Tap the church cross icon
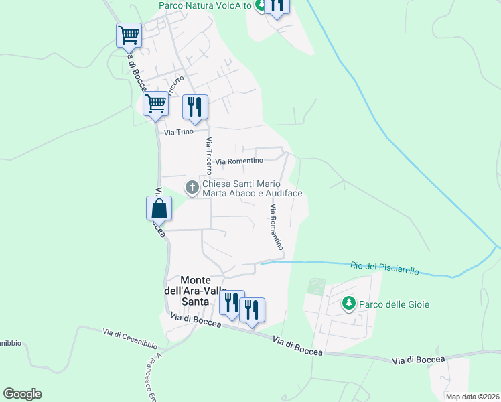(x=192, y=188)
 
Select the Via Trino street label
(x=175, y=132)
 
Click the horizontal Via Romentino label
(x=239, y=161)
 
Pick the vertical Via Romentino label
(x=276, y=227)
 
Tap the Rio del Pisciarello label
(x=384, y=268)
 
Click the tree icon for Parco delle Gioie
(x=348, y=304)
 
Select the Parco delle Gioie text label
(x=395, y=304)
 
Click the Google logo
(x=22, y=394)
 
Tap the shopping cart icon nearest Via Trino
(x=155, y=104)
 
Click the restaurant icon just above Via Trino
(x=195, y=107)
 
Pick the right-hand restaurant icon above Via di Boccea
(x=252, y=310)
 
